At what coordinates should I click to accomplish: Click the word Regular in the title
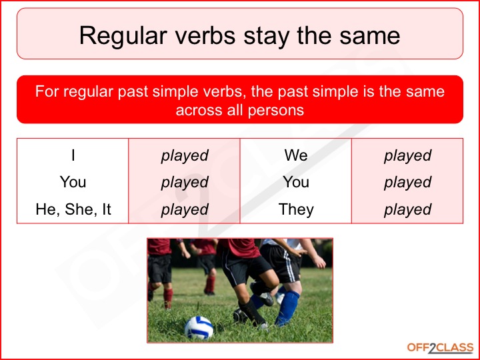[x=123, y=37]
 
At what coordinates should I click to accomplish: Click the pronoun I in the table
[x=73, y=155]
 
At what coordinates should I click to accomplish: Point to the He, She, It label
[x=73, y=210]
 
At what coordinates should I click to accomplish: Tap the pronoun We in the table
[x=296, y=155]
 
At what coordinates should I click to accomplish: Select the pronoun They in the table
[x=296, y=210]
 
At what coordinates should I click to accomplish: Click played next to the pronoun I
[x=185, y=156]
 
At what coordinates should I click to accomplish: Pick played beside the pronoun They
[x=408, y=210]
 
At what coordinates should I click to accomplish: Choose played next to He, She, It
[x=185, y=210]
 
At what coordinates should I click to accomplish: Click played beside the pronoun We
[x=408, y=156]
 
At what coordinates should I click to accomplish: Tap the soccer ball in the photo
[x=199, y=327]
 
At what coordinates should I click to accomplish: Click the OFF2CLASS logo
[x=440, y=348]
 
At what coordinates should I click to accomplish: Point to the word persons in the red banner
[x=276, y=110]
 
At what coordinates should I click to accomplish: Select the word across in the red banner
[x=199, y=111]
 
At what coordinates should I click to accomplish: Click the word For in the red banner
[x=47, y=91]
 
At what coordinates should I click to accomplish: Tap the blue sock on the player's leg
[x=287, y=307]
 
